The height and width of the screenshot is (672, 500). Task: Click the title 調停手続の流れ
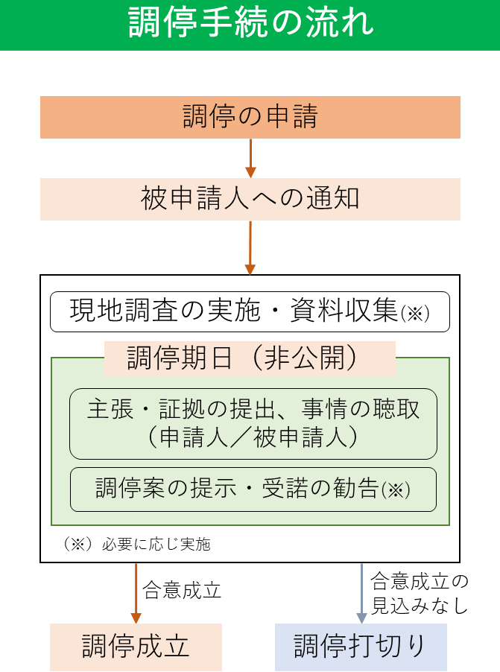(250, 24)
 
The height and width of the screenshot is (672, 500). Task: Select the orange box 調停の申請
(250, 117)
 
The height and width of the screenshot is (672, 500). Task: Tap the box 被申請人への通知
(250, 199)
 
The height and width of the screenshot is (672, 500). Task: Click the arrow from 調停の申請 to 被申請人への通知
(250, 158)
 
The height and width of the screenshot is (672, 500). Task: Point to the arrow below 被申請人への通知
(250, 247)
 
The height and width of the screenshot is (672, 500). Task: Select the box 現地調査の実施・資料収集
(250, 311)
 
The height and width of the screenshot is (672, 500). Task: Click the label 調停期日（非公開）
(250, 358)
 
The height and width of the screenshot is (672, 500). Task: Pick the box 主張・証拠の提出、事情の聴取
(253, 410)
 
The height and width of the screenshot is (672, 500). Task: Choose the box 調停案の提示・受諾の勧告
(253, 489)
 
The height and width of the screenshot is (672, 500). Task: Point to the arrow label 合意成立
(182, 591)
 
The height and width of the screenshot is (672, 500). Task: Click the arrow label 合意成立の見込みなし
(419, 593)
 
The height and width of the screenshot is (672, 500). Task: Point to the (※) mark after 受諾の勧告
(396, 491)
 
